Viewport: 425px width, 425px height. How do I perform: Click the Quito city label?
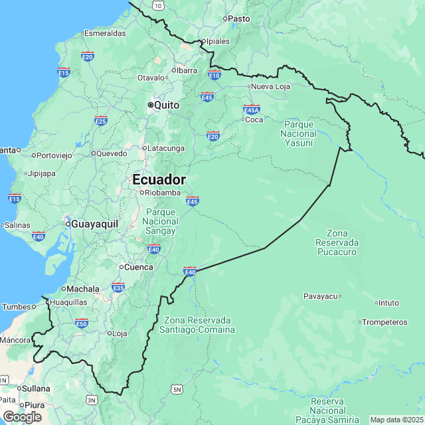tap(166, 105)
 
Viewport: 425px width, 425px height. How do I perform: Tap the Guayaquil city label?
tap(94, 224)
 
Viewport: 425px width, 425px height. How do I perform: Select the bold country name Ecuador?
tap(159, 180)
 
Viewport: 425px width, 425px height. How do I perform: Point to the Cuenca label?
tap(139, 268)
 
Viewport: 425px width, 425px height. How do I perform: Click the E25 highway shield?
tap(101, 120)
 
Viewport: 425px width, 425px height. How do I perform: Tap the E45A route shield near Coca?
tap(252, 110)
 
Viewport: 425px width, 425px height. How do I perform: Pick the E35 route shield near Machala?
tap(118, 288)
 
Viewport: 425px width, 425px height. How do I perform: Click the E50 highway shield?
tap(82, 323)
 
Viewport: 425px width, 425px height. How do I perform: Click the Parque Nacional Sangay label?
tap(161, 222)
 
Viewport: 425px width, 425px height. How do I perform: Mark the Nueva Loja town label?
tap(270, 86)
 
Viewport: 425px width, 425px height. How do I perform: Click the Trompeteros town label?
tap(385, 322)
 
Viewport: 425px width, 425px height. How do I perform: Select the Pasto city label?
tap(238, 19)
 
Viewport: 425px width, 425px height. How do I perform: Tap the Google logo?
tap(21, 416)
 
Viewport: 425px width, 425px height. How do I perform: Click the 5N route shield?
tap(177, 389)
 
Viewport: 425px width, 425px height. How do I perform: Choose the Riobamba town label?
tap(163, 193)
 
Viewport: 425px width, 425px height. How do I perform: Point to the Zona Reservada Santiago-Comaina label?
tap(199, 325)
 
